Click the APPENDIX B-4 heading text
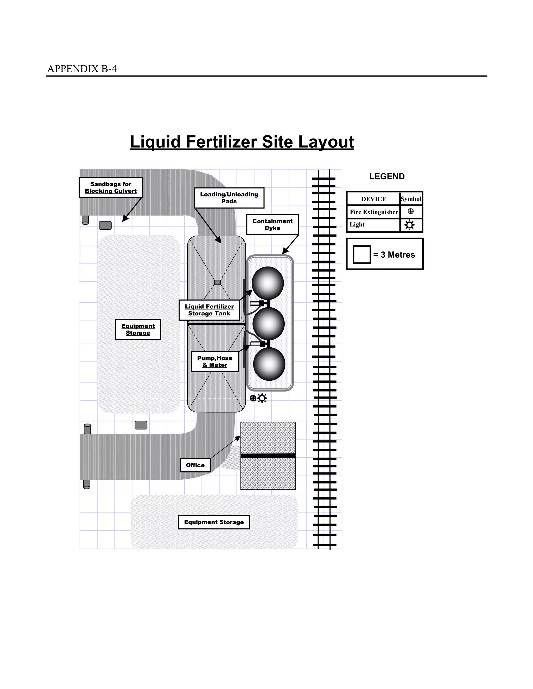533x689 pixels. click(x=82, y=69)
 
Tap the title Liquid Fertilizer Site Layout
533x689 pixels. click(x=242, y=142)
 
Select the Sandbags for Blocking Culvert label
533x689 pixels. click(x=111, y=188)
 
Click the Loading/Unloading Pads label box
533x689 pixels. click(x=229, y=198)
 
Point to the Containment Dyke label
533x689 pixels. click(x=272, y=225)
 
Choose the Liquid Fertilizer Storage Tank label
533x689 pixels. click(x=209, y=310)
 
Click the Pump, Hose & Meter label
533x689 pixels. click(x=215, y=362)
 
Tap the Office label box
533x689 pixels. click(x=195, y=465)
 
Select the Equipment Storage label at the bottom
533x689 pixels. click(x=214, y=522)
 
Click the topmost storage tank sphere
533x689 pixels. click(x=268, y=283)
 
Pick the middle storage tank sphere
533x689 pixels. click(x=268, y=323)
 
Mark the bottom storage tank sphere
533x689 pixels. click(x=269, y=364)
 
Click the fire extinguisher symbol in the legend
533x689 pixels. click(x=410, y=211)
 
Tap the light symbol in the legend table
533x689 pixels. click(x=410, y=225)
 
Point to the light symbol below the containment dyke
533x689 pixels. click(x=262, y=398)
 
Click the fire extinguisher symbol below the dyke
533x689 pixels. click(x=253, y=398)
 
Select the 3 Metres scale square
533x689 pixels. click(x=361, y=255)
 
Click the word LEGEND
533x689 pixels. click(x=387, y=176)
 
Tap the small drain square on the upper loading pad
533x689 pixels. click(x=217, y=282)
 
